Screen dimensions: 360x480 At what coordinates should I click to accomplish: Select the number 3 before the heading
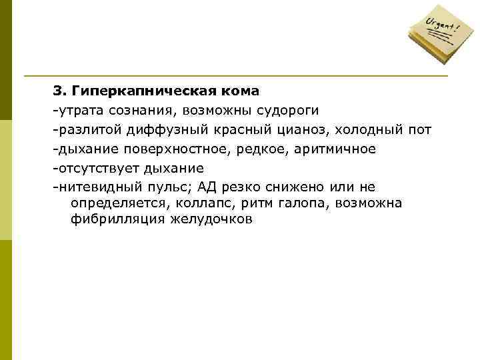click(58, 89)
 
